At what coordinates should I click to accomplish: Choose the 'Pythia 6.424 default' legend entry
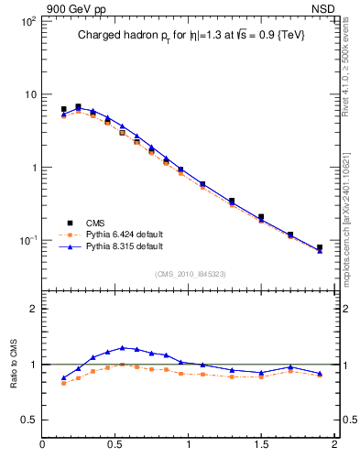[116, 234]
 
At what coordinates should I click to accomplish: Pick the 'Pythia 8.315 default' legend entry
[116, 246]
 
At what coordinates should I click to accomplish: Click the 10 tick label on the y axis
[29, 94]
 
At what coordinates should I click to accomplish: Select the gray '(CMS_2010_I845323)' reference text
[190, 273]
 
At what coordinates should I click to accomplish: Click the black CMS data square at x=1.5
[261, 217]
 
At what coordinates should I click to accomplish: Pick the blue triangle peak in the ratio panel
[122, 347]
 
